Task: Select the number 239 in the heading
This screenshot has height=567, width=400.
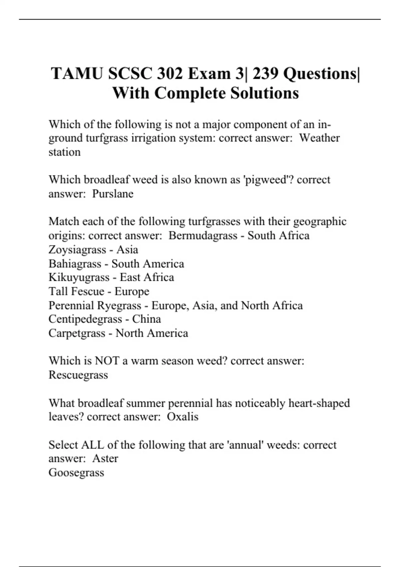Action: [265, 74]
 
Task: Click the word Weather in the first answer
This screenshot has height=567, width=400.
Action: [319, 138]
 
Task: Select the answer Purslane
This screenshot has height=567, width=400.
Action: [113, 193]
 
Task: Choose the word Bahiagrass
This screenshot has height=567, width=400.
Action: [75, 264]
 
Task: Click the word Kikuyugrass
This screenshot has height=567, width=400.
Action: [79, 277]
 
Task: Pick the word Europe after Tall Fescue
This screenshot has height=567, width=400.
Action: [132, 292]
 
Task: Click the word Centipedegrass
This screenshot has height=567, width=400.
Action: [85, 319]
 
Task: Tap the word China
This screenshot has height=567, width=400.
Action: [146, 319]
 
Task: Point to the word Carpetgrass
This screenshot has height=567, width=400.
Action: [77, 333]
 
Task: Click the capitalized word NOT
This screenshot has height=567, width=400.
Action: [107, 361]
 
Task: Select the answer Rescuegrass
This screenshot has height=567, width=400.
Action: [78, 375]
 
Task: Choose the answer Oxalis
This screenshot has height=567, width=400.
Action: [182, 417]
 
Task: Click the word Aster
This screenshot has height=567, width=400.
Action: [105, 458]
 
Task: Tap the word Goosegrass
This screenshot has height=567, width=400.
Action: [76, 473]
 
